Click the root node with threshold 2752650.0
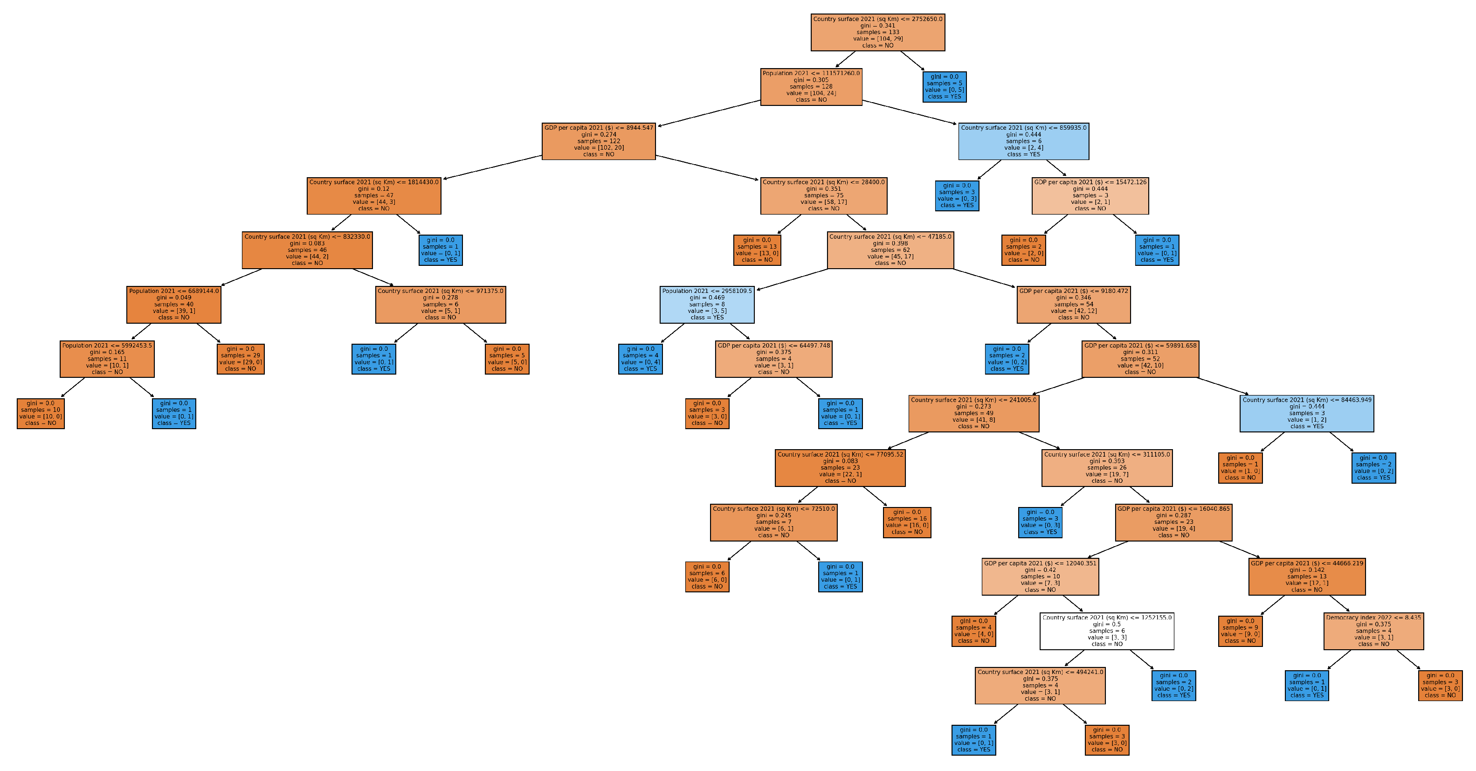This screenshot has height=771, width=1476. coord(877,33)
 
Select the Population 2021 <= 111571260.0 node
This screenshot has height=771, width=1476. coord(811,87)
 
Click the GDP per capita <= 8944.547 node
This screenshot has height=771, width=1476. coord(598,141)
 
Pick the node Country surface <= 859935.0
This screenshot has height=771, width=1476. coord(1023,141)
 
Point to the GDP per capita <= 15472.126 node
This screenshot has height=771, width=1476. coord(1090,195)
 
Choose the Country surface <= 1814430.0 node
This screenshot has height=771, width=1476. coord(373,195)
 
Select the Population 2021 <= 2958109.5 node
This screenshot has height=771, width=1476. coord(706,305)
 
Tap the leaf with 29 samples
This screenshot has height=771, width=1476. coord(241,359)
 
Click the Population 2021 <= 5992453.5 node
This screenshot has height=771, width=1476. coord(107,359)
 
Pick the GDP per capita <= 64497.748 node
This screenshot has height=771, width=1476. coord(773,359)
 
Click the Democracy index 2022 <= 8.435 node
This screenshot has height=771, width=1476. coord(1373,631)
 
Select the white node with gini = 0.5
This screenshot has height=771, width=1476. coord(1106,631)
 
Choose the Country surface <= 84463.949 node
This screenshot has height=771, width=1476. coord(1306,413)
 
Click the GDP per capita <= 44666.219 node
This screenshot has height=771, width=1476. coord(1306,577)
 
